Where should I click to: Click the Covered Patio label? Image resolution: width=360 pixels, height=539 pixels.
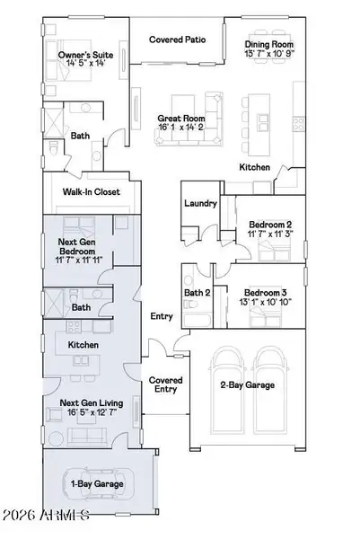pyautogui.click(x=177, y=40)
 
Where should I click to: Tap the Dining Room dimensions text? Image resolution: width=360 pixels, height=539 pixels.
pyautogui.click(x=269, y=54)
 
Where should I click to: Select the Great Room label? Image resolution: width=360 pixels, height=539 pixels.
pyautogui.click(x=181, y=119)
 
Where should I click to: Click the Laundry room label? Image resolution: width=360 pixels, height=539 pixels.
pyautogui.click(x=200, y=203)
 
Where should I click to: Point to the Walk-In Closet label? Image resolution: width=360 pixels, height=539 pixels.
pyautogui.click(x=92, y=192)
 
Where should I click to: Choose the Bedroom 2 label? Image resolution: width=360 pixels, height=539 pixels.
pyautogui.click(x=270, y=225)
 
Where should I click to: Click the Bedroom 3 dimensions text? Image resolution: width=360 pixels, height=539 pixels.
pyautogui.click(x=265, y=302)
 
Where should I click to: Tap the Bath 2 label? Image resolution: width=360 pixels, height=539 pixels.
pyautogui.click(x=198, y=293)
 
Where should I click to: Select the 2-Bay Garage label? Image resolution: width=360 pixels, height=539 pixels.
pyautogui.click(x=247, y=385)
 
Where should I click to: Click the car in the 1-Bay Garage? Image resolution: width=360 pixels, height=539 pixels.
pyautogui.click(x=98, y=484)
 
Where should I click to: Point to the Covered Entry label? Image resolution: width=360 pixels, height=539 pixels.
pyautogui.click(x=165, y=384)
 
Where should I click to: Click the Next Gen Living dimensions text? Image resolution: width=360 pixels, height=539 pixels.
pyautogui.click(x=91, y=411)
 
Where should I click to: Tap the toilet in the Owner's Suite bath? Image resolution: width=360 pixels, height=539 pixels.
pyautogui.click(x=54, y=148)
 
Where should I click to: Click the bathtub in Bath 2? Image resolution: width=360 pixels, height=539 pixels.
pyautogui.click(x=198, y=320)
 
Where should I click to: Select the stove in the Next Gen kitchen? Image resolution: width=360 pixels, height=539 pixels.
pyautogui.click(x=74, y=326)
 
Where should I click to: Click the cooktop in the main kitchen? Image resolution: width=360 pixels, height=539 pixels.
pyautogui.click(x=298, y=124)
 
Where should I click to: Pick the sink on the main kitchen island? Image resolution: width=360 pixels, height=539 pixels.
pyautogui.click(x=263, y=123)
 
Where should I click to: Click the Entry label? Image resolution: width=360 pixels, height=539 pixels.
pyautogui.click(x=162, y=316)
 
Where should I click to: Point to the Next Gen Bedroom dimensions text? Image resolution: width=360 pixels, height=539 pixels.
pyautogui.click(x=79, y=260)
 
